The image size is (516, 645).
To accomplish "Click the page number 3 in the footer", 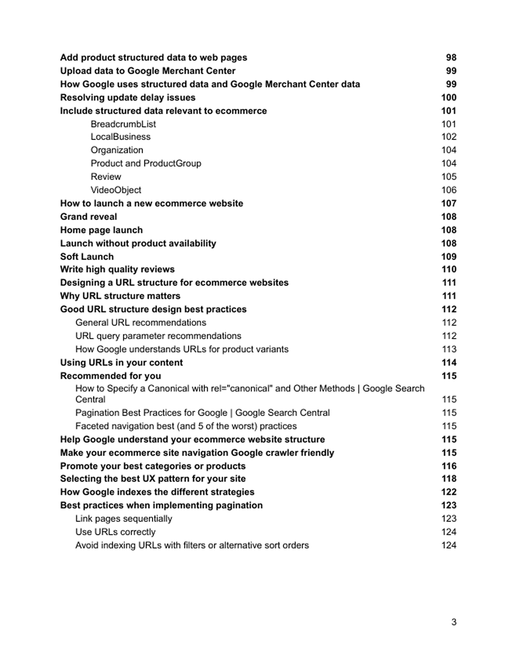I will point(454,622).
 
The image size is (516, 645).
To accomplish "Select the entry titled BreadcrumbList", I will point(123,124).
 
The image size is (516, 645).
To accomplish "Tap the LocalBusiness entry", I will point(120,137).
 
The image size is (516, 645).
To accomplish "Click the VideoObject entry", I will point(116,190).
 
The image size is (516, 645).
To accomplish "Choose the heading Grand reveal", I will point(88,217).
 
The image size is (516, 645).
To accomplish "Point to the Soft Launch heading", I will point(87,257).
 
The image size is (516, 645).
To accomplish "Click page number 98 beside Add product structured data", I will point(451,58).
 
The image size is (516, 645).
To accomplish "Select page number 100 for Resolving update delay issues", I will point(449,98).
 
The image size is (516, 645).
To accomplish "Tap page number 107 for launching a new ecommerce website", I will point(449,203).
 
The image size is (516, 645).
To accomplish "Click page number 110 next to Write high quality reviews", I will point(449,269).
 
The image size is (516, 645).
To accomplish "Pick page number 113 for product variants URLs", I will point(449,349).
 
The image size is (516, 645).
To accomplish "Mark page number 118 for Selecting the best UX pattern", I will point(449,479).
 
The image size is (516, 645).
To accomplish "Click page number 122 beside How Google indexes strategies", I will point(449,492).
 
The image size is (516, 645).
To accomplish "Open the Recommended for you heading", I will point(111,376).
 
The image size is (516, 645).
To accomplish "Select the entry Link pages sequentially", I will point(124,519).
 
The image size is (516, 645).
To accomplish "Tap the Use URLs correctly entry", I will point(115,532).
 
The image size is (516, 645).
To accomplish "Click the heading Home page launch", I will point(101,230).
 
